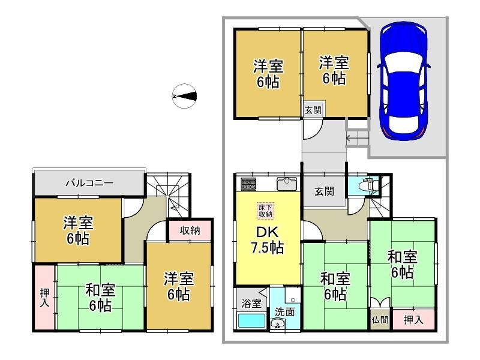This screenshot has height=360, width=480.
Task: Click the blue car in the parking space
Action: [x=403, y=81]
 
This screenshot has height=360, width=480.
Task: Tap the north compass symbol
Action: [x=184, y=96]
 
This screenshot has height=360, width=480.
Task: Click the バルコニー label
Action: [x=89, y=183]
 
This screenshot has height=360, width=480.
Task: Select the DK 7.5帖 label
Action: [x=267, y=241]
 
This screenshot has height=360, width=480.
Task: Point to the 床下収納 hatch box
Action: [x=265, y=211]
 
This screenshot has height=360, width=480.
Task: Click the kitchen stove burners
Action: [x=248, y=184]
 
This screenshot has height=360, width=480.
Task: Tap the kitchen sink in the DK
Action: [x=287, y=184]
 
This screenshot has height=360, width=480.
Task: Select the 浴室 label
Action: [x=251, y=304]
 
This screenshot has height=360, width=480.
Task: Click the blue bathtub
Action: [x=251, y=321]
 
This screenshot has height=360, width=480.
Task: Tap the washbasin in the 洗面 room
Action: [x=278, y=323]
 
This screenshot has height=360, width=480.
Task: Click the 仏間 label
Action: [x=380, y=320]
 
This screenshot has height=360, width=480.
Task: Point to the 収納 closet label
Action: [x=190, y=230]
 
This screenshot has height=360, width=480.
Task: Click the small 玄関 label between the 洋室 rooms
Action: [x=313, y=110]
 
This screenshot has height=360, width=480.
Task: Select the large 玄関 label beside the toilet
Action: [x=324, y=191]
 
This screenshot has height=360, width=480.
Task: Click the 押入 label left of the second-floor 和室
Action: [x=44, y=298]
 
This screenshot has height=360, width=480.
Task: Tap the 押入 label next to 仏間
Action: [x=413, y=320]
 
